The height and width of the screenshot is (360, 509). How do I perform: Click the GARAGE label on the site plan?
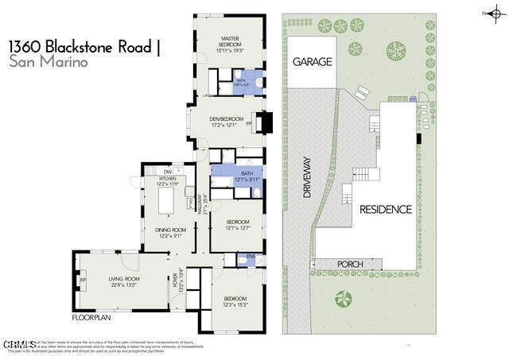pos(312,61)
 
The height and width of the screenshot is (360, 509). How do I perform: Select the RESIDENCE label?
pos(386,210)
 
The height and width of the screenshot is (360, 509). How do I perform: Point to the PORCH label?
pos(350,264)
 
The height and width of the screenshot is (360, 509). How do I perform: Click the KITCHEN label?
pos(167,179)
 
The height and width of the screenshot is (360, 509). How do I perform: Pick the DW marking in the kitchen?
pos(168,171)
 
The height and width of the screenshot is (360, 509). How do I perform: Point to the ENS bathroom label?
pos(251,256)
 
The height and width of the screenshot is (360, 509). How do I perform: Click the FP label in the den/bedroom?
pos(249,124)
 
